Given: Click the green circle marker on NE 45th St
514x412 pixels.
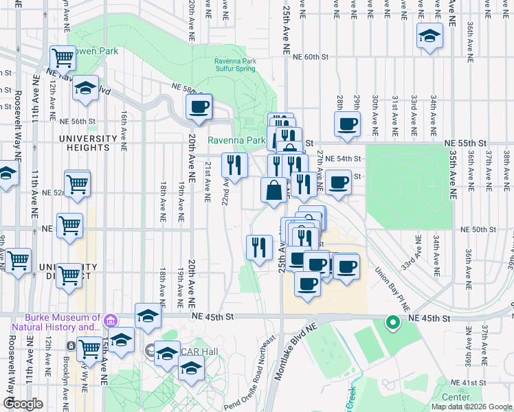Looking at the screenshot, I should click(392, 321).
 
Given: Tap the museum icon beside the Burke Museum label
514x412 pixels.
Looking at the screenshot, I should click(110, 321).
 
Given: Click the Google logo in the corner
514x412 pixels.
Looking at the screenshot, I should click(23, 404).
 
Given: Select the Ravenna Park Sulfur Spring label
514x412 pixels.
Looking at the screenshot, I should click(234, 65).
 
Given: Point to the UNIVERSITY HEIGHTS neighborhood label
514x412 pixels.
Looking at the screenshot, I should click(89, 142).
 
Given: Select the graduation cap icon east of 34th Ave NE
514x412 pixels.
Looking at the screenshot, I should click(429, 35).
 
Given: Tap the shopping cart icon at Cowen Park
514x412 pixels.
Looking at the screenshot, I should click(63, 58).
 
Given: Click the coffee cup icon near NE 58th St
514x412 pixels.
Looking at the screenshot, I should click(199, 107).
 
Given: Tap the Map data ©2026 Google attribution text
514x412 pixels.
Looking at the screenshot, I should click(471, 407).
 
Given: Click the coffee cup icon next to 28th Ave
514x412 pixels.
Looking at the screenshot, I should click(347, 124).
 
